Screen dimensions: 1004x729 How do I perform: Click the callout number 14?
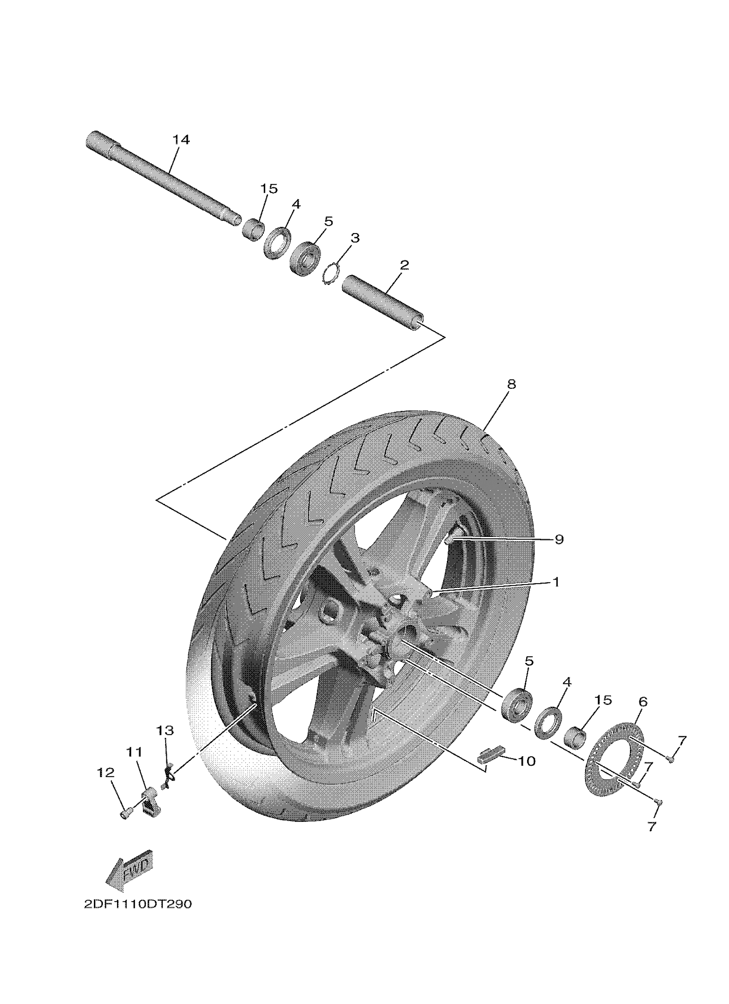(x=181, y=140)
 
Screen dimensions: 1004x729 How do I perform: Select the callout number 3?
(x=355, y=238)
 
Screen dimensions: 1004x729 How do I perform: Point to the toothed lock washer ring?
(x=330, y=275)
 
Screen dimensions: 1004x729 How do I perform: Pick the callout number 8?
(x=511, y=384)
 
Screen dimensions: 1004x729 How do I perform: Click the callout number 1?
(x=556, y=581)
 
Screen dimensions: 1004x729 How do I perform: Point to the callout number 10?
(x=527, y=761)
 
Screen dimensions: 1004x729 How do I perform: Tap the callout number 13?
(x=165, y=730)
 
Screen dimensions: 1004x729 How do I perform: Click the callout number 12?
(x=106, y=773)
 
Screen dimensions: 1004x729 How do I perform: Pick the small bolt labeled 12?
(x=125, y=813)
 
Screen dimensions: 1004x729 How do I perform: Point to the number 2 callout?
(x=404, y=266)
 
